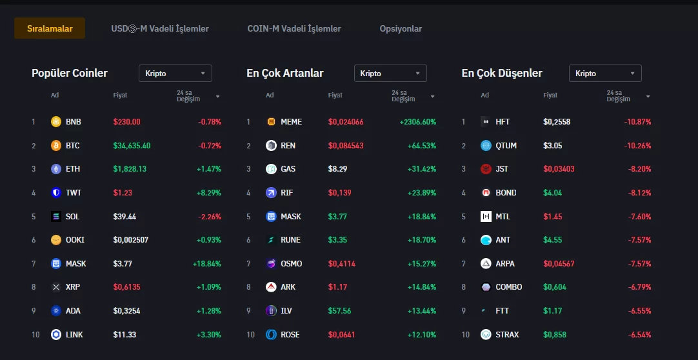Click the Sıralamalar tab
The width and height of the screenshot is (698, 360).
pos(50,28)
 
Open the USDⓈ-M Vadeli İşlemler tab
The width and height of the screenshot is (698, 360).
pos(160,28)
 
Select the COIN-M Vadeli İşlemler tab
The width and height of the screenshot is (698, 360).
pos(294,28)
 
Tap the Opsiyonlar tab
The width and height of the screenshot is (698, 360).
pos(401,28)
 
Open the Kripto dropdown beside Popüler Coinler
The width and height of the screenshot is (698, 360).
pos(175,74)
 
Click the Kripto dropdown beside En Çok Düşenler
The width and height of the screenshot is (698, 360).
pos(605,74)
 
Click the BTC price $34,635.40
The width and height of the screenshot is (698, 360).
pos(132,146)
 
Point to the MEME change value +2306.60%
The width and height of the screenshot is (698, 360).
pos(417,122)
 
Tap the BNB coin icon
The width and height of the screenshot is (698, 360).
pos(56,122)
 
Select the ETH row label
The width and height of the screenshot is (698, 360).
pos(73,169)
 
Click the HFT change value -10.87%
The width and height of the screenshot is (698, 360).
pos(637,122)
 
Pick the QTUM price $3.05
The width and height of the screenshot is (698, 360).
pos(553,146)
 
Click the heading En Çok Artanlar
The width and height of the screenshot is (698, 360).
pos(285,73)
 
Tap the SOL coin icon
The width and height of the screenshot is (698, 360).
pos(56,217)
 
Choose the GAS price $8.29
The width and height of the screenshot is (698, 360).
pos(337,169)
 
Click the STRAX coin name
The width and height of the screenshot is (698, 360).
pos(507,335)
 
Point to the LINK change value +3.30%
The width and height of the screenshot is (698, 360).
pos(208,335)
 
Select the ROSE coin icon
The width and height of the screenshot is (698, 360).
pos(271,335)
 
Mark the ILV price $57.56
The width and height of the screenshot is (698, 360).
pos(339,311)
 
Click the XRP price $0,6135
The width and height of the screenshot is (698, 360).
pos(126,287)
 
